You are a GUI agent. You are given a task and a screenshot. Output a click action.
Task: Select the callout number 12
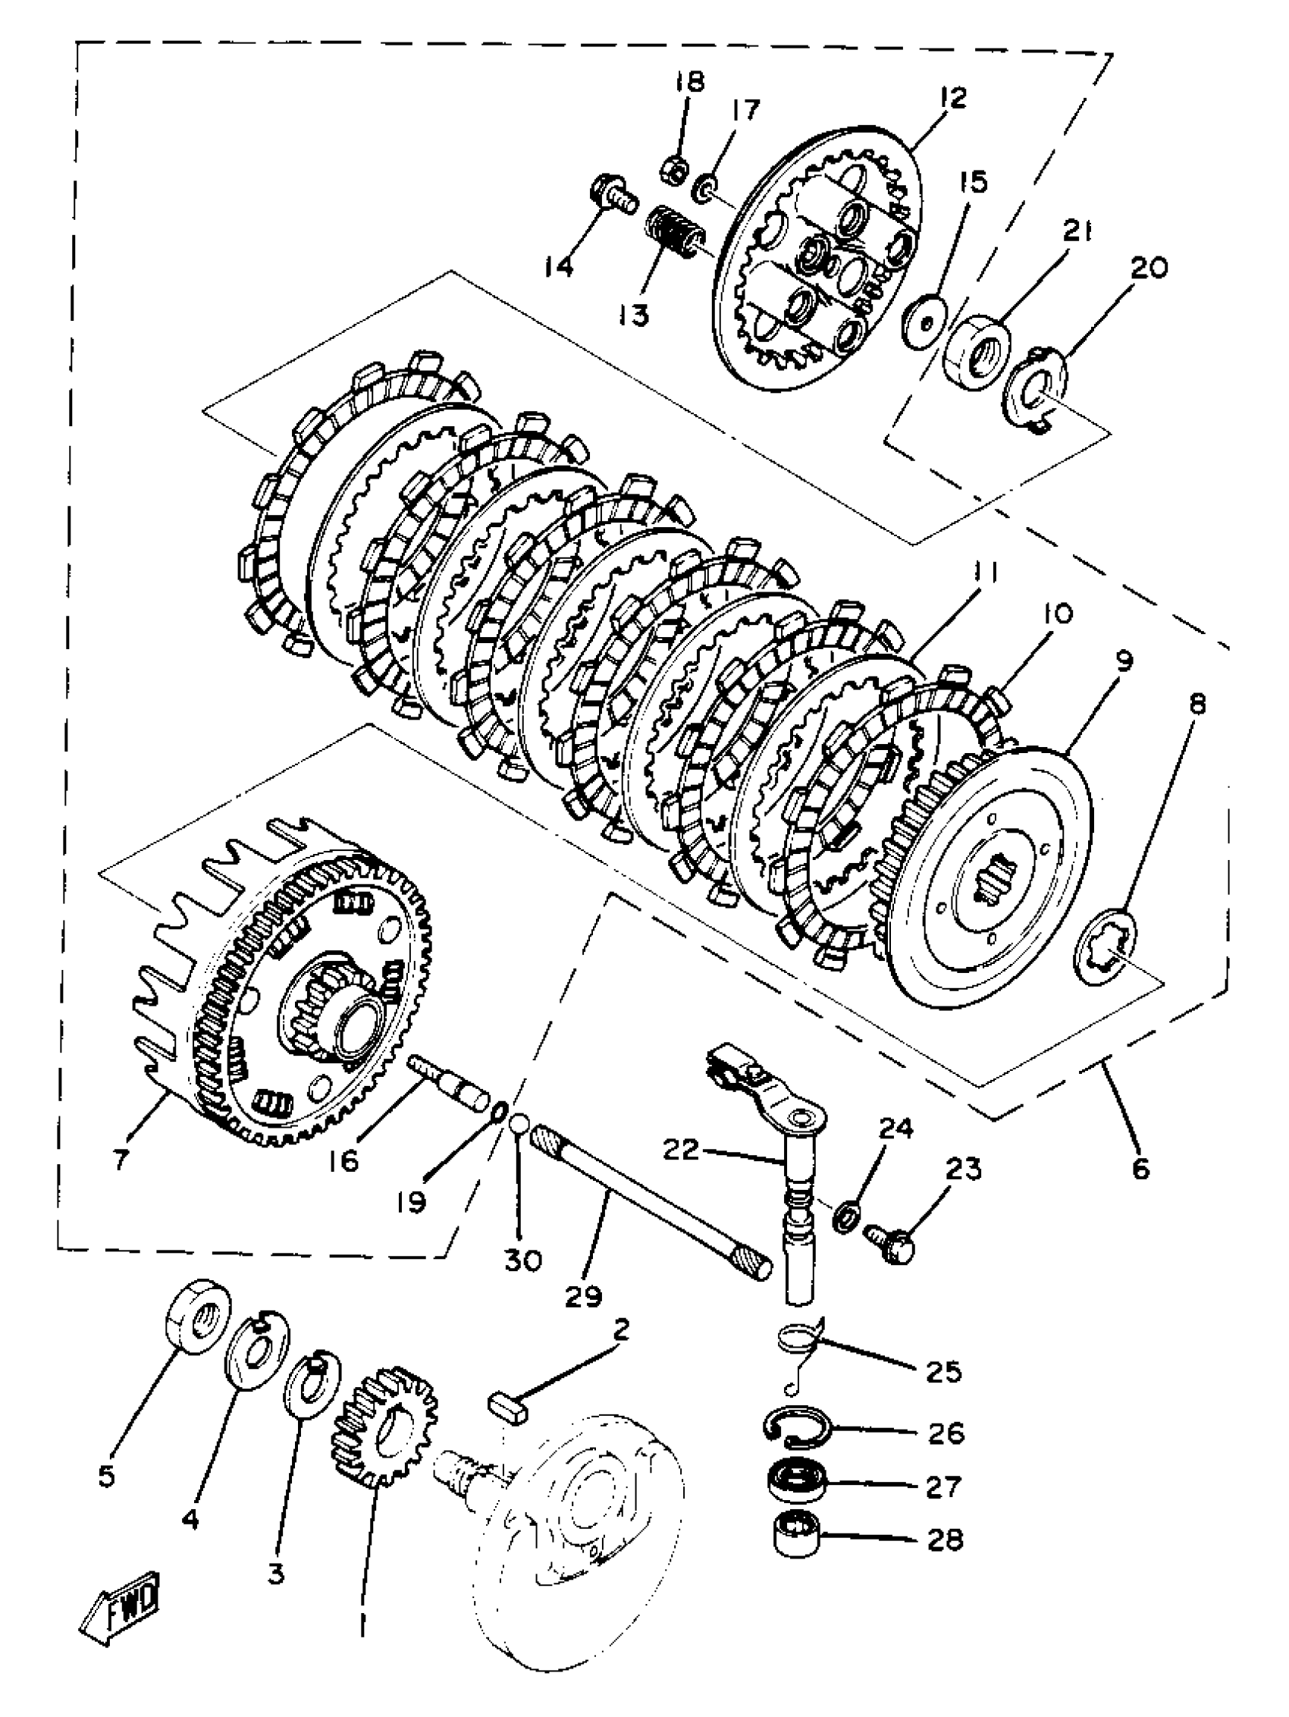click(952, 99)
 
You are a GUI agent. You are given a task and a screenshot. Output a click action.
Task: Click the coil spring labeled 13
click(673, 228)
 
